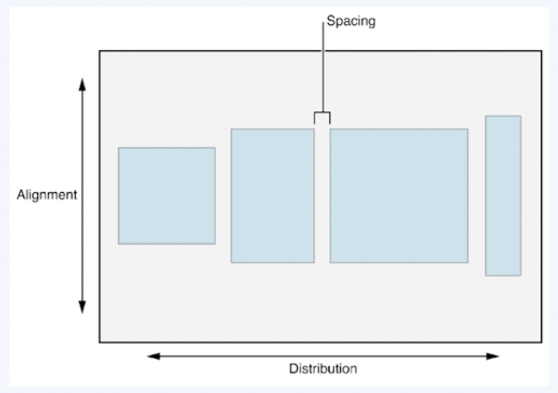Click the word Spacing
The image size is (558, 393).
click(351, 22)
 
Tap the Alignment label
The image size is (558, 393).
click(47, 195)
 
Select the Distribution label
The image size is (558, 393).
click(323, 369)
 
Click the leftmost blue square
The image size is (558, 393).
click(167, 196)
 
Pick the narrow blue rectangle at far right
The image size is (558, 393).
click(503, 196)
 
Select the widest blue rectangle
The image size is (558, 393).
click(399, 196)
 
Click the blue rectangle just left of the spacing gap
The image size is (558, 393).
click(272, 196)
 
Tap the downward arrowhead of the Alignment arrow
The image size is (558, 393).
click(82, 307)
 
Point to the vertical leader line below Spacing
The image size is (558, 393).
click(323, 67)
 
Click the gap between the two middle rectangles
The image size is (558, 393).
click(322, 196)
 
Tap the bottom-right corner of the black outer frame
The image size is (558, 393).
click(542, 342)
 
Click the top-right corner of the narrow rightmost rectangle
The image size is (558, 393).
click(521, 116)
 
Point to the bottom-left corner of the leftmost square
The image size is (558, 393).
click(119, 244)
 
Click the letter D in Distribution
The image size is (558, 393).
click(292, 369)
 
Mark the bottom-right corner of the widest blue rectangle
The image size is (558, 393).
click(467, 262)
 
